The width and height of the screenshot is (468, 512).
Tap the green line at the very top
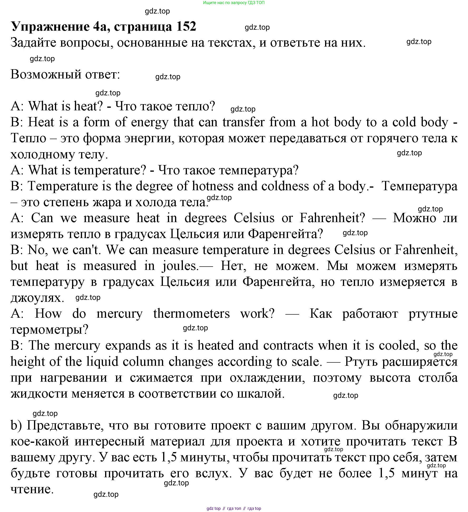tap(234, 3)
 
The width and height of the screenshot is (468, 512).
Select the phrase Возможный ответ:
tap(65, 74)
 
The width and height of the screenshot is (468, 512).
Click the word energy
tap(150, 122)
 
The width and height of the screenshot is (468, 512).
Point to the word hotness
tap(213, 186)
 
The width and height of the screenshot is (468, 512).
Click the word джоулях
tap(37, 298)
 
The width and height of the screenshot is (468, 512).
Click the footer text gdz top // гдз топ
tap(234, 508)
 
